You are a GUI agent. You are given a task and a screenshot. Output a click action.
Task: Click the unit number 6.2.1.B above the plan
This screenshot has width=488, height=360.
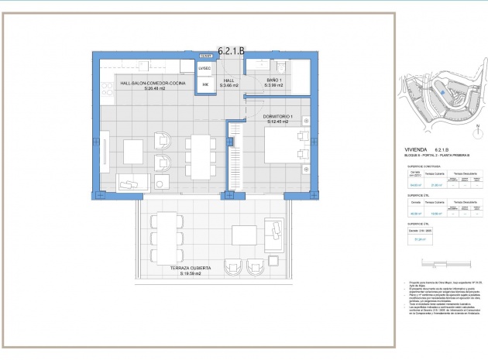[x=231, y=50]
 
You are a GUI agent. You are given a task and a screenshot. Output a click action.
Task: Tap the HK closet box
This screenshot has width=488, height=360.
[x=204, y=85]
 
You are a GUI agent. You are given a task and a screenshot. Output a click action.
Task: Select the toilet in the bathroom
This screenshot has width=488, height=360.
[x=282, y=66]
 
